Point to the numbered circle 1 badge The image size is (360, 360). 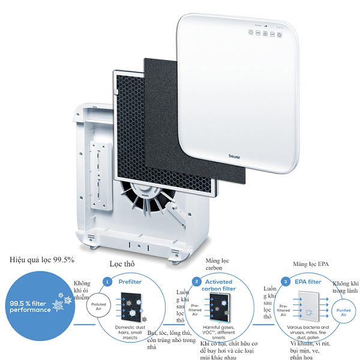click(107, 281)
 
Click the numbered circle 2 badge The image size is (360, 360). click(196, 281)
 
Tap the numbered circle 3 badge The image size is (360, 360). click(286, 281)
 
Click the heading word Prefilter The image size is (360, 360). click(130, 281)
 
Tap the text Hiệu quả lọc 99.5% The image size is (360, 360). click(42, 260)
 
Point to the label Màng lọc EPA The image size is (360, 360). click(310, 264)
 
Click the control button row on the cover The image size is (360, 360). click(265, 34)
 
